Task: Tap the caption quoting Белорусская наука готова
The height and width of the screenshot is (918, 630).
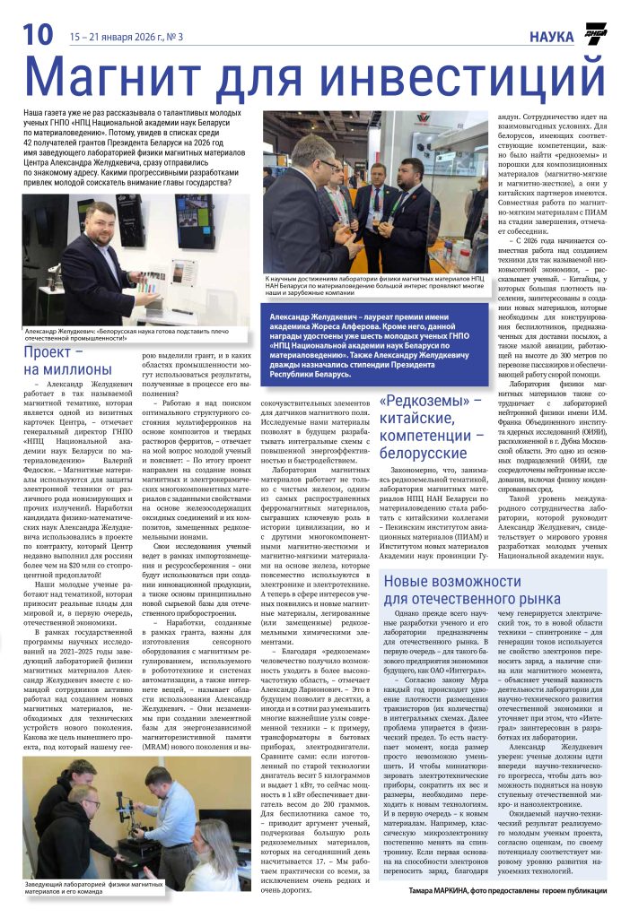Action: click(x=126, y=333)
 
